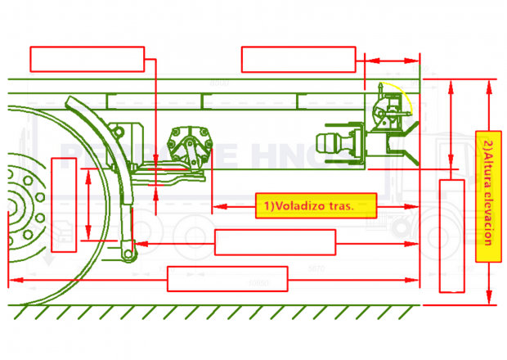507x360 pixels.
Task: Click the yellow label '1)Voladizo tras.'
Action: [316, 206]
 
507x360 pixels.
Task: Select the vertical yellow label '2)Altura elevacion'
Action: [488, 195]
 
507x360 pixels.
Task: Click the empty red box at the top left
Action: [87, 59]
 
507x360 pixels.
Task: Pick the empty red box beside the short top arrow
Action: [299, 59]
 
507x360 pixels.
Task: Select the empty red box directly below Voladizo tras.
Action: [275, 242]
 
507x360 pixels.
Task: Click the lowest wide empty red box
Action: [227, 279]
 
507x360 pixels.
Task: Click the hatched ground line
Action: [221, 309]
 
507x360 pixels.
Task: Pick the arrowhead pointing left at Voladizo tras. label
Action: [216, 206]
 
